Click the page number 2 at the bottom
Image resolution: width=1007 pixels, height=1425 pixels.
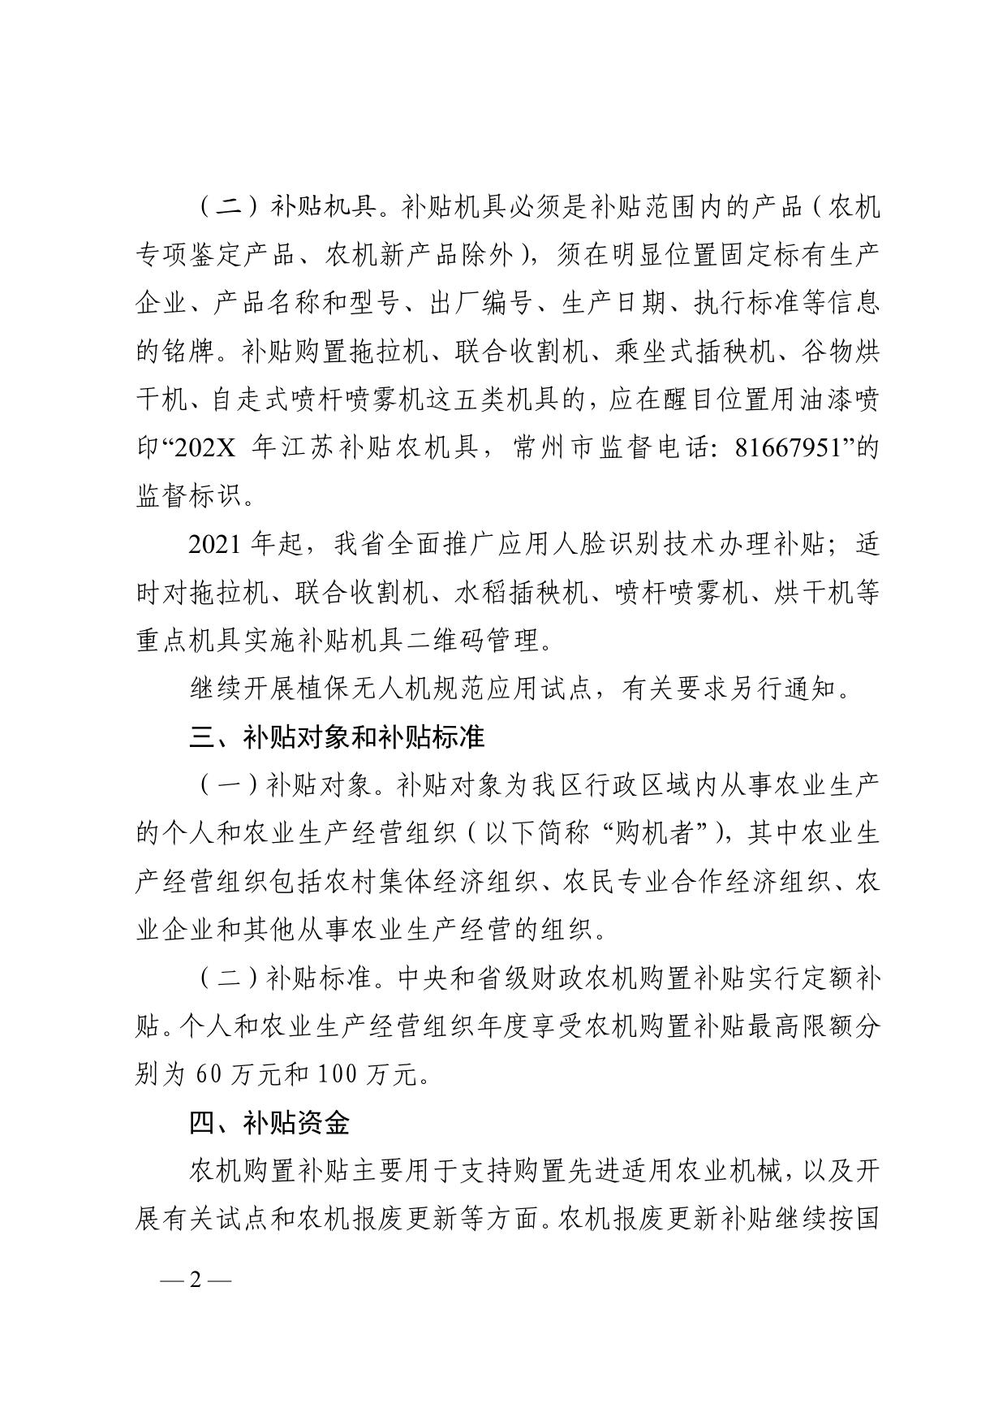pyautogui.click(x=195, y=1280)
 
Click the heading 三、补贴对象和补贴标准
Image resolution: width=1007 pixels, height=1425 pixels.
pyautogui.click(x=337, y=737)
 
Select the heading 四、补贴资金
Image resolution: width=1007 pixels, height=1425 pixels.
pyautogui.click(x=269, y=1123)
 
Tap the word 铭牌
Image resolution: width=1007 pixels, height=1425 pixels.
pyautogui.click(x=188, y=352)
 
